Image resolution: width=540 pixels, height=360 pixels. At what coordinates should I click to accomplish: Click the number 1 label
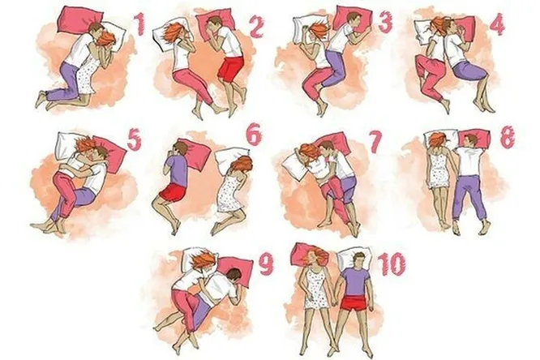coord(139,24)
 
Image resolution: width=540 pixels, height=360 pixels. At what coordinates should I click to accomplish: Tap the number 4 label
coord(496,24)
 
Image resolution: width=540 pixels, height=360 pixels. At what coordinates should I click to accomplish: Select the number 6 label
coord(254,136)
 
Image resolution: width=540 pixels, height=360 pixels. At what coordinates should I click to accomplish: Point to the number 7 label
coord(375,143)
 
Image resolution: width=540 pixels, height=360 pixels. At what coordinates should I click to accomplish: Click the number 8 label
coord(508,137)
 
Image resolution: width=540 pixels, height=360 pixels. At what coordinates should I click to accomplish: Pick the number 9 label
coord(266,264)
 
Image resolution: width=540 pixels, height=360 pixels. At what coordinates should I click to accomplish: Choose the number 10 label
coord(392,264)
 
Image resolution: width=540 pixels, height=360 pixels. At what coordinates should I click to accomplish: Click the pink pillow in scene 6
coord(195,154)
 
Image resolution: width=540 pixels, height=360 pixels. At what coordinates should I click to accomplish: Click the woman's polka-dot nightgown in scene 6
coord(229,191)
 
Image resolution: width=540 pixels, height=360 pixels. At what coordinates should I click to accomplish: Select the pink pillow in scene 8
coord(474,138)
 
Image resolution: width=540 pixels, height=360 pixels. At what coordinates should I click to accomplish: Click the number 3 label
coord(385,23)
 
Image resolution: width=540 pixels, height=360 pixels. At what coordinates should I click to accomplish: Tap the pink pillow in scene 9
coord(235,271)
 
